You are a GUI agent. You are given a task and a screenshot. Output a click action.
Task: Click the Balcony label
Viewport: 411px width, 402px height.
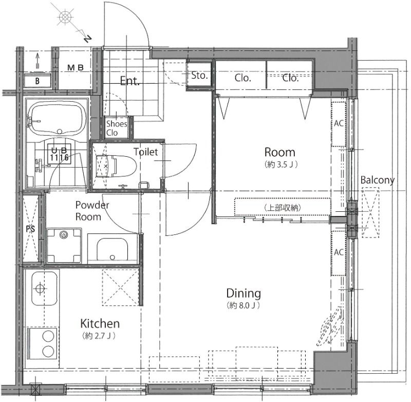pos(377,180)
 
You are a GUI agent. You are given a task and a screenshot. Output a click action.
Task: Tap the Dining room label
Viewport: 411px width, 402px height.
pos(244,293)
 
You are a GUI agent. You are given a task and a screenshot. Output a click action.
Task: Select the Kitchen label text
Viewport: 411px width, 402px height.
pos(100,323)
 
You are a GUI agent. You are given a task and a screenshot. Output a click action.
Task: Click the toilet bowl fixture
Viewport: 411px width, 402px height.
pos(117,166)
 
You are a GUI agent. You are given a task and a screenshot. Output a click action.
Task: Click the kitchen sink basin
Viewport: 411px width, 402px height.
pos(44,288)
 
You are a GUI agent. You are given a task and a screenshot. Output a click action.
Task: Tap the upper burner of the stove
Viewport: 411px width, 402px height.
pos(48,336)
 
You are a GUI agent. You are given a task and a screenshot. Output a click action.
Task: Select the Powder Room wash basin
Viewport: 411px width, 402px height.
pos(113,249)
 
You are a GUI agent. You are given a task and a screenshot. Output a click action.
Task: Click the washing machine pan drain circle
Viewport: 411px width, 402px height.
pos(63,235)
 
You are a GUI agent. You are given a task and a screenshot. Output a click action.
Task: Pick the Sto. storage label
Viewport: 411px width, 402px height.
pos(199,76)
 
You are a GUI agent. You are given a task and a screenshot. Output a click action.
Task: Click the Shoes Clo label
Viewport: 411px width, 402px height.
pos(117,128)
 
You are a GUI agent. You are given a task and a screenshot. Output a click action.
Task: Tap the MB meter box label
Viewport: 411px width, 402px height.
pos(76,68)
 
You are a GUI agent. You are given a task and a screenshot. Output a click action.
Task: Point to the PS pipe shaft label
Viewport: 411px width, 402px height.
pos(30,229)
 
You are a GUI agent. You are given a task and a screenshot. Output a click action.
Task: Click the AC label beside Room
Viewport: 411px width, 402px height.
pos(339,123)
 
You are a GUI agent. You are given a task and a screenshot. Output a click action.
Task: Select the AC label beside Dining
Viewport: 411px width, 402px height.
pos(339,252)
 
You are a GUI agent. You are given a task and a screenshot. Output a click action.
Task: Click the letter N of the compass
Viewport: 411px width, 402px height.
pos(88,39)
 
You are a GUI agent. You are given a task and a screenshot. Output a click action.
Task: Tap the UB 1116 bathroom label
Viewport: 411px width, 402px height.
pos(60,154)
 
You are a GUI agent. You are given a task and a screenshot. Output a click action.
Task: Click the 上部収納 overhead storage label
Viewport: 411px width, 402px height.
pos(283,208)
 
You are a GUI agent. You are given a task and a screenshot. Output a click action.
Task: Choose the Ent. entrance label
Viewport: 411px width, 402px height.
pos(130,81)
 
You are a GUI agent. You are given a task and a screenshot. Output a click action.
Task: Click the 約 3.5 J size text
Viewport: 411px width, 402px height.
pos(281,165)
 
